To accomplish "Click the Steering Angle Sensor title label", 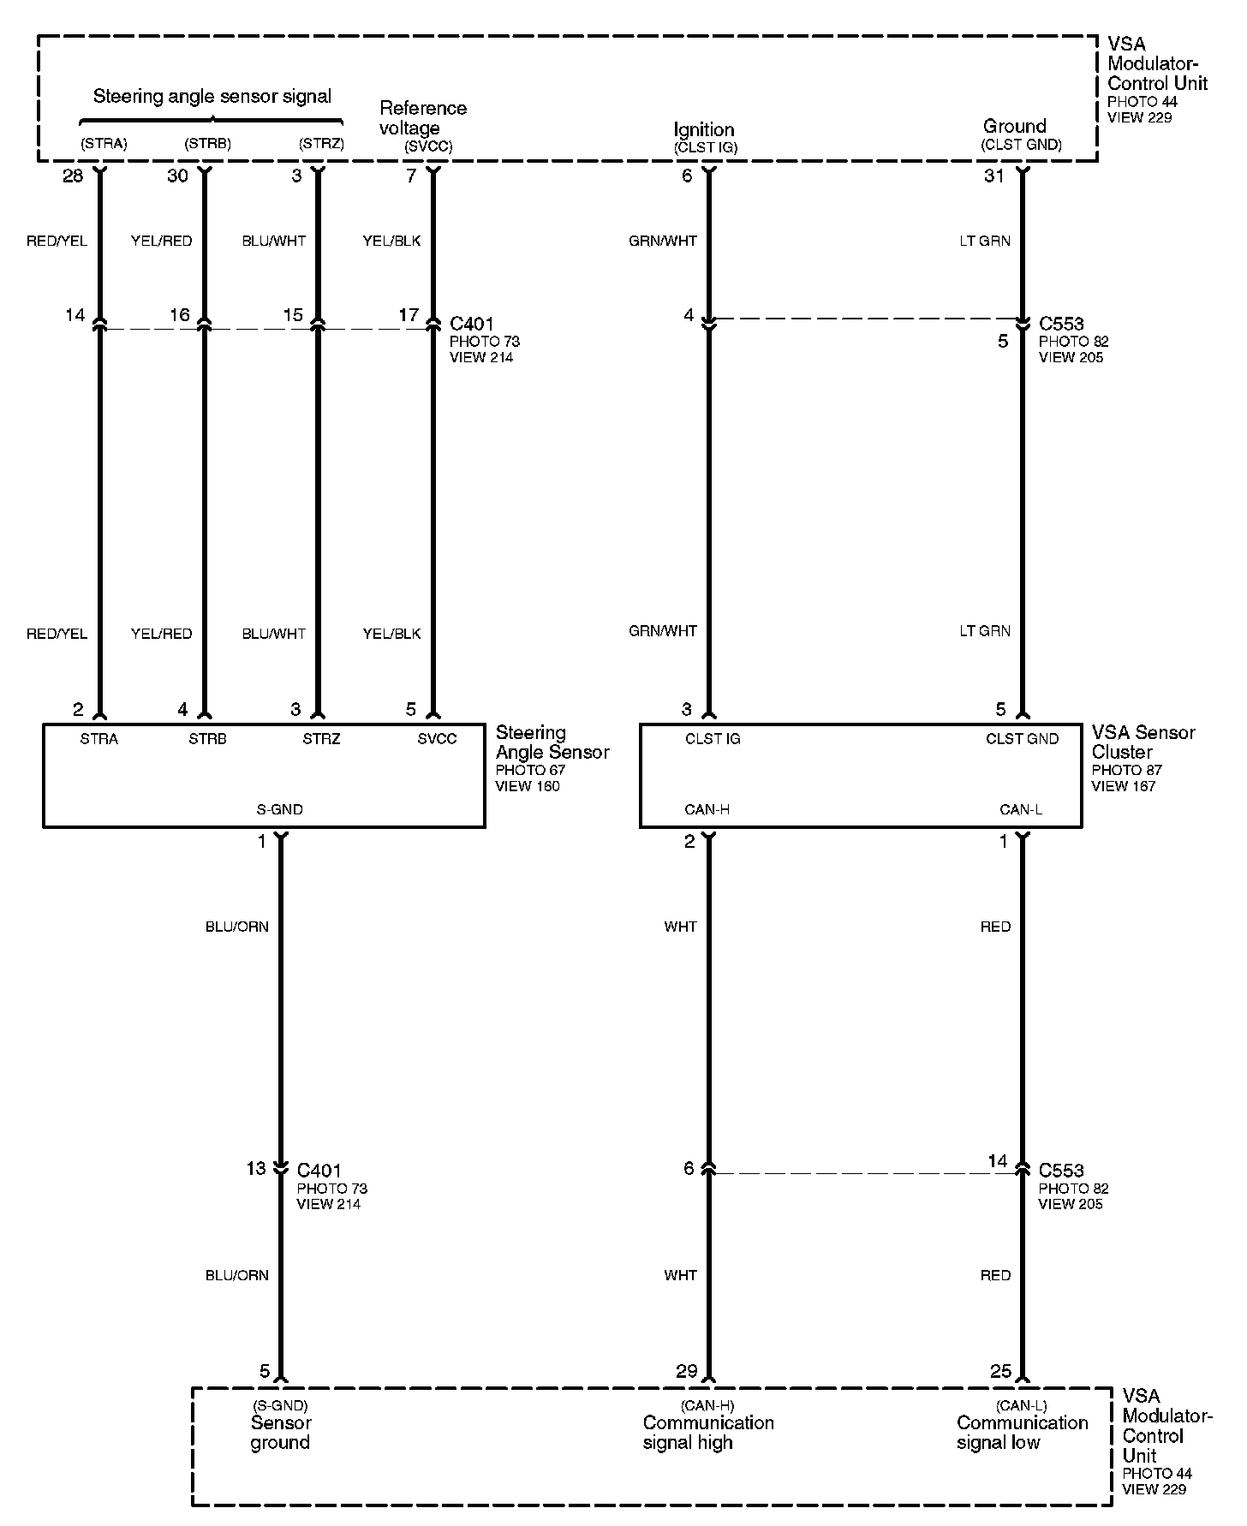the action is (x=552, y=742).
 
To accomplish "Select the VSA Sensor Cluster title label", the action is (x=1143, y=742).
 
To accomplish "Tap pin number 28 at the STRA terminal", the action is (x=73, y=176).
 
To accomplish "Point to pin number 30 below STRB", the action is (x=177, y=176).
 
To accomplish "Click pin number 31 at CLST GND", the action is (x=993, y=176).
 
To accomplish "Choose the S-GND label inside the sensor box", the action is (x=280, y=809).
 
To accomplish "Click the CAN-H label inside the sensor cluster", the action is (x=707, y=809).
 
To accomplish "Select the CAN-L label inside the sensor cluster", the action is (x=1021, y=809).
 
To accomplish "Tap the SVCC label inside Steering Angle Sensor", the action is (x=437, y=739).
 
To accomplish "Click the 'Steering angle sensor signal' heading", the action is (x=212, y=96).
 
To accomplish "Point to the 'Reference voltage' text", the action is (x=422, y=118).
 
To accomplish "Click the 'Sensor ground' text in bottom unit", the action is (x=281, y=1432).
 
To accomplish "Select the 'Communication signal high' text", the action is (x=708, y=1432).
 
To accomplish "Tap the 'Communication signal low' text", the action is (x=1022, y=1432).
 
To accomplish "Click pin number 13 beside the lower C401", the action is (x=256, y=1168).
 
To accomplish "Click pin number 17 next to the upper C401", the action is (x=409, y=315).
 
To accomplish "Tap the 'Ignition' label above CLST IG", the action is (x=704, y=129).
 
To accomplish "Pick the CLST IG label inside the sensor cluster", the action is (x=713, y=739).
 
